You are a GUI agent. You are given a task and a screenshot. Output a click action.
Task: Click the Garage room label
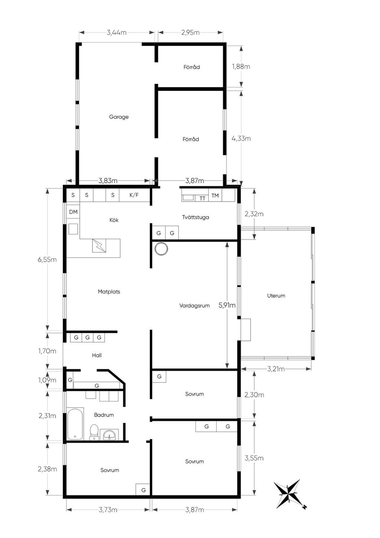pyautogui.click(x=119, y=117)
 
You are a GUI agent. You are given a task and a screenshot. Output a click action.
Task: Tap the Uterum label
pyautogui.click(x=276, y=296)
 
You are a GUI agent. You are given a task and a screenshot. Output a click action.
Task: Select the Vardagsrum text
pyautogui.click(x=194, y=306)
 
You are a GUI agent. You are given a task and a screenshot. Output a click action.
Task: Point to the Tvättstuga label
pyautogui.click(x=196, y=217)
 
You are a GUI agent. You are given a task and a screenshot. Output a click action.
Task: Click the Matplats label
pyautogui.click(x=109, y=292)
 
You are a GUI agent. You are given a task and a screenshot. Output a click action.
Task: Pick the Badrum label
pyautogui.click(x=104, y=415)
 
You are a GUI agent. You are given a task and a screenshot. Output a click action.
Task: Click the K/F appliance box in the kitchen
pyautogui.click(x=134, y=195)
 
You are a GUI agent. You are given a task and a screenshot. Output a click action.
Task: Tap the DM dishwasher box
pyautogui.click(x=73, y=212)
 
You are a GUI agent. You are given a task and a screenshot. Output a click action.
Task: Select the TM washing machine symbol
pyautogui.click(x=215, y=195)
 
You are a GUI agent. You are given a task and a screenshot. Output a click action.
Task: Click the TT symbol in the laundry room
pyautogui.click(x=202, y=198)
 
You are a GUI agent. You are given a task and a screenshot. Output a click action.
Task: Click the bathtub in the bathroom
pyautogui.click(x=75, y=424)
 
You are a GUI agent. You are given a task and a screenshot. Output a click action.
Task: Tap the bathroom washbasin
pyautogui.click(x=109, y=434)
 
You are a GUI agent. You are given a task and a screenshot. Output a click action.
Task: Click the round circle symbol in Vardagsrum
pyautogui.click(x=161, y=249)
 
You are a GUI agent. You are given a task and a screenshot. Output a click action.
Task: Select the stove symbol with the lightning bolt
pyautogui.click(x=99, y=246)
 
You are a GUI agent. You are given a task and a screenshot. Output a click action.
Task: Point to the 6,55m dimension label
pyautogui.click(x=47, y=260)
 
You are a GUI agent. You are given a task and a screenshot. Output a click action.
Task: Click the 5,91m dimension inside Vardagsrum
pyautogui.click(x=227, y=305)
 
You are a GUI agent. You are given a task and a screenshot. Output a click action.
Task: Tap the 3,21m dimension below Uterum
pyautogui.click(x=276, y=369)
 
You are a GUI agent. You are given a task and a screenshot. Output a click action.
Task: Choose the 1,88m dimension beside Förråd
pyautogui.click(x=241, y=67)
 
